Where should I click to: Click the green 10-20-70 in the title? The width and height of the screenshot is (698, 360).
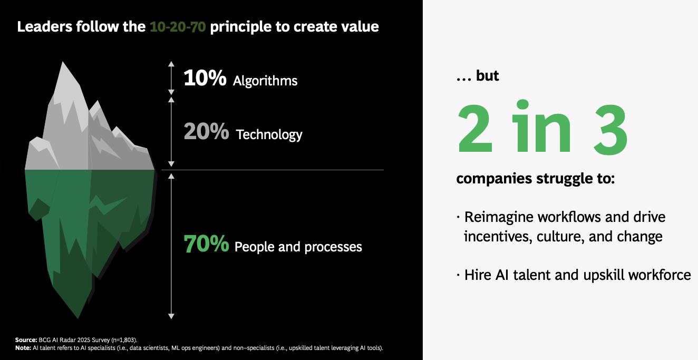point(178,27)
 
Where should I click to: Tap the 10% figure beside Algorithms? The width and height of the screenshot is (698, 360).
point(205,78)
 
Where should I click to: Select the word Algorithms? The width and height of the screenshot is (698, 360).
point(265,81)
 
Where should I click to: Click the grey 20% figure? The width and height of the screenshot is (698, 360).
point(206,131)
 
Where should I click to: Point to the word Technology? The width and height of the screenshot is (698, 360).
point(269,135)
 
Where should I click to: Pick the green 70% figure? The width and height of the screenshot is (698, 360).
point(206,244)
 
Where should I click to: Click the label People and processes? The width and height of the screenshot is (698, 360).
point(298,247)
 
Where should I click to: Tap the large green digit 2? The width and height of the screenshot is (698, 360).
point(475,128)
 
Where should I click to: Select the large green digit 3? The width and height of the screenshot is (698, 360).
point(610,129)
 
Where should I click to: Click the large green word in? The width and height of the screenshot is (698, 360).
point(542,126)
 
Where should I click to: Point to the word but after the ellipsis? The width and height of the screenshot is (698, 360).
point(487,76)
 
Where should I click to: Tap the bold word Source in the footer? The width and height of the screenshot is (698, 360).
point(26,340)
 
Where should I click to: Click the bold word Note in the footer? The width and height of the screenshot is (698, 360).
point(23,348)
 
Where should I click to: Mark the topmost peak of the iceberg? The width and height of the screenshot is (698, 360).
point(63,62)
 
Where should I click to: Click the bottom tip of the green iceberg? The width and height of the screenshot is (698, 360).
point(78,318)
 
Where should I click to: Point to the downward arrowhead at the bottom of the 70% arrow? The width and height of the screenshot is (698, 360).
point(171,316)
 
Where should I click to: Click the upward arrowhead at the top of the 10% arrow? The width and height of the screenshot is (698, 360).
point(171,64)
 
